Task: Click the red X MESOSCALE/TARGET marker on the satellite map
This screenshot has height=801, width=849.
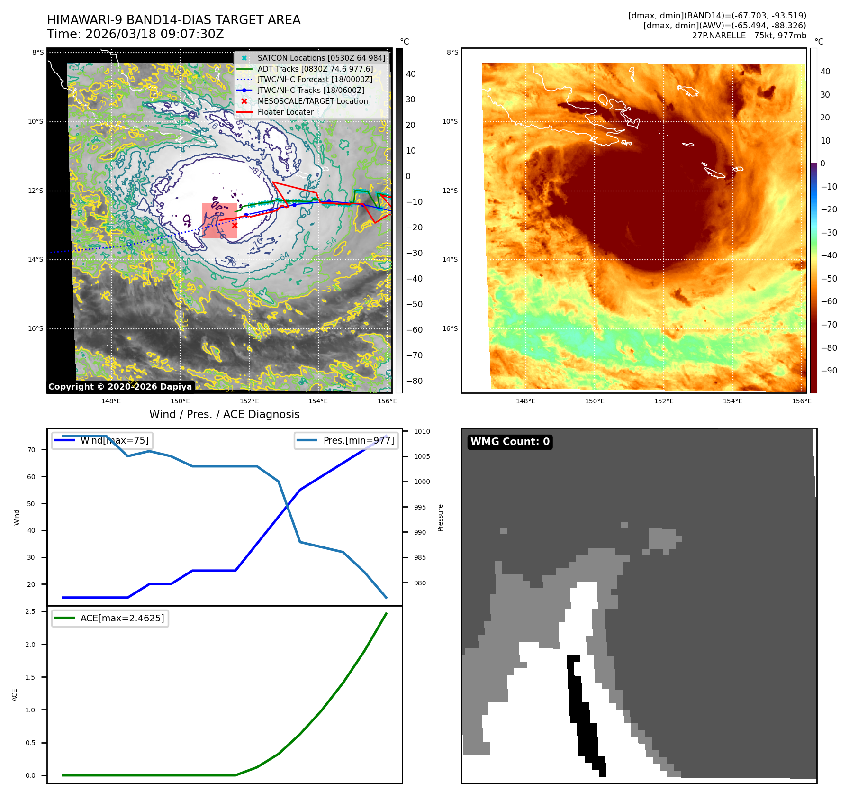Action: [x=235, y=226]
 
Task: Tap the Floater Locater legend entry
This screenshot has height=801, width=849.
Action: [x=285, y=112]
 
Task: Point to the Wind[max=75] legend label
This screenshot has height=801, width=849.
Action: [x=114, y=440]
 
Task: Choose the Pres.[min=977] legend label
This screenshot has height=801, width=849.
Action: [x=358, y=440]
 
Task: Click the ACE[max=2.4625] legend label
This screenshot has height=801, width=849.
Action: [x=122, y=618]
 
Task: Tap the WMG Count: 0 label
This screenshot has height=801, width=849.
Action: [x=510, y=442]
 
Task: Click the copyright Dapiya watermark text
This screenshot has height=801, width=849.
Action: [x=120, y=387]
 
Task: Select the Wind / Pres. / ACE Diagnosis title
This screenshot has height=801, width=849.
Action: [x=224, y=414]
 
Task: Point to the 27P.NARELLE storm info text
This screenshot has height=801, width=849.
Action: [x=749, y=36]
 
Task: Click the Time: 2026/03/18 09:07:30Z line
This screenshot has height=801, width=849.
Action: [x=135, y=34]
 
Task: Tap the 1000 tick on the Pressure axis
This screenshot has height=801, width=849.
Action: [x=422, y=482]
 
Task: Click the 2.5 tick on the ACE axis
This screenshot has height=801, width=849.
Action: [x=30, y=611]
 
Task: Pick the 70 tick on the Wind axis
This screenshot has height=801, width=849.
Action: [x=31, y=450]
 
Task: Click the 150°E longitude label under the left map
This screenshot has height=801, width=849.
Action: [x=180, y=401]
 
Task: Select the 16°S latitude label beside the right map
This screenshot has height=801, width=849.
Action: [x=450, y=328]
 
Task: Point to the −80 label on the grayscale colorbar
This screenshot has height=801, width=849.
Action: [x=414, y=381]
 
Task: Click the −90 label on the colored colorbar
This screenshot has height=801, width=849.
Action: [x=829, y=371]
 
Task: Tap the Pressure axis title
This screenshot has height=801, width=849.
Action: [x=440, y=518]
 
